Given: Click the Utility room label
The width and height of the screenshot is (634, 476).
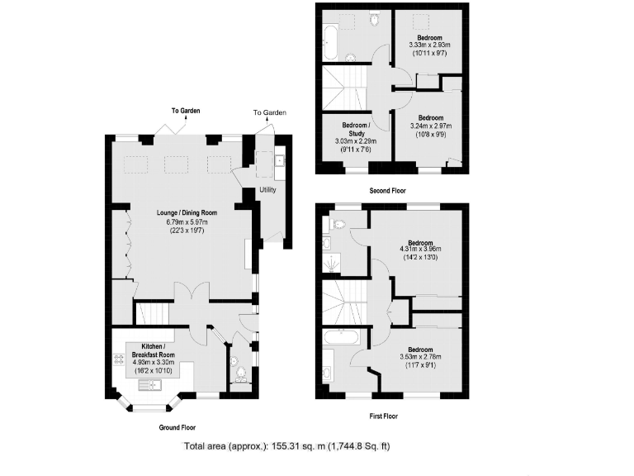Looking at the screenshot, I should pyautogui.click(x=267, y=190).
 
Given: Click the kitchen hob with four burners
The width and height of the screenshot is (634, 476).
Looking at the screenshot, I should pyautogui.click(x=118, y=360).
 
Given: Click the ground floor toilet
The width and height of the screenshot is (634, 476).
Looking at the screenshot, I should pyautogui.click(x=240, y=374).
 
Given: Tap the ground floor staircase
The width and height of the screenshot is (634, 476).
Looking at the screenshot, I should pyautogui.click(x=152, y=313).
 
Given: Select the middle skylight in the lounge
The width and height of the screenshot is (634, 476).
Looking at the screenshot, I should pyautogui.click(x=177, y=164).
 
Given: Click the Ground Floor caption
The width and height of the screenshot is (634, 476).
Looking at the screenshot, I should pyautogui.click(x=177, y=428).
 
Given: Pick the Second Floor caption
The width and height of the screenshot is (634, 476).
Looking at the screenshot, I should pyautogui.click(x=388, y=190).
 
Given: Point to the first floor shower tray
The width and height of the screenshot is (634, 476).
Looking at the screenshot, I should pyautogui.click(x=327, y=264).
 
